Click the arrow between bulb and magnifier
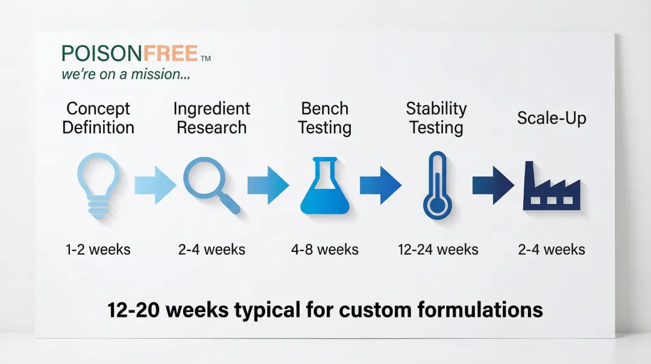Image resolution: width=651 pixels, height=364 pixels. (x=156, y=185)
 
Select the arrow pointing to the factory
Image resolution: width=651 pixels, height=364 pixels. (x=493, y=185)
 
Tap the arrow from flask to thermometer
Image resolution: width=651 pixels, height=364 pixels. (x=380, y=185)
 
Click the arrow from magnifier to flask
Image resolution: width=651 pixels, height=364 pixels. (x=268, y=185)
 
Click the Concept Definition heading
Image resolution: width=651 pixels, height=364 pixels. (x=98, y=118)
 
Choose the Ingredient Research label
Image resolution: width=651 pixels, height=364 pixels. (x=212, y=118)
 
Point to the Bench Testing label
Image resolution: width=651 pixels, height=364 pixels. (x=325, y=118)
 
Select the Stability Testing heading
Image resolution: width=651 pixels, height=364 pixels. (x=436, y=118)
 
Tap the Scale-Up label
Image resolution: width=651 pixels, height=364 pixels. (x=552, y=118)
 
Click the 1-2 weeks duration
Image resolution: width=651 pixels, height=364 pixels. (x=98, y=249)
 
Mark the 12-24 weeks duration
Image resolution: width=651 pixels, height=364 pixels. (x=438, y=249)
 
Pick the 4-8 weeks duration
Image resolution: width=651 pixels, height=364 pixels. (x=325, y=249)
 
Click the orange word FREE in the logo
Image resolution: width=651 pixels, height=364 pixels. (x=171, y=54)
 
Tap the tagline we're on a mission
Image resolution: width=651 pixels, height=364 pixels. (x=126, y=74)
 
